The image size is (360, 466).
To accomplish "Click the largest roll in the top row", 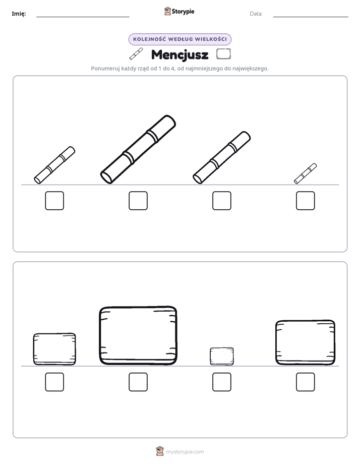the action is pyautogui.click(x=138, y=149).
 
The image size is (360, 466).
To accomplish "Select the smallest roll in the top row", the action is pyautogui.click(x=306, y=173).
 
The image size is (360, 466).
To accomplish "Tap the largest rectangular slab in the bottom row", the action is pyautogui.click(x=138, y=335).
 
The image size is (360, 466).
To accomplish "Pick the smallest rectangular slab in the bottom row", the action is pyautogui.click(x=222, y=357).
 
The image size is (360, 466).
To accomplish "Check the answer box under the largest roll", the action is pyautogui.click(x=138, y=201).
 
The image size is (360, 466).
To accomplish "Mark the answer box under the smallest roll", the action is pyautogui.click(x=306, y=201).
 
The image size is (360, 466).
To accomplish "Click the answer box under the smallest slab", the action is pyautogui.click(x=222, y=382).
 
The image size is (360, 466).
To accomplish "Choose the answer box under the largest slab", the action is pyautogui.click(x=138, y=382).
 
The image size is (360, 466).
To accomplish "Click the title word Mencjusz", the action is pyautogui.click(x=179, y=55).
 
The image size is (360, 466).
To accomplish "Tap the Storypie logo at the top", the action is pyautogui.click(x=179, y=11).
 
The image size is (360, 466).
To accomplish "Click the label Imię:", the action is pyautogui.click(x=19, y=14).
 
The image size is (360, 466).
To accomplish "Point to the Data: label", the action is pyautogui.click(x=256, y=14).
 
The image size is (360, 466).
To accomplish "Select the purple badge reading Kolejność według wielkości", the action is pyautogui.click(x=180, y=39).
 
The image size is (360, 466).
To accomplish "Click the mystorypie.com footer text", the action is pyautogui.click(x=185, y=452).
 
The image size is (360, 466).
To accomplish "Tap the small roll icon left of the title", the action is pyautogui.click(x=136, y=54).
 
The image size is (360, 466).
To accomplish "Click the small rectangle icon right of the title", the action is pyautogui.click(x=223, y=54).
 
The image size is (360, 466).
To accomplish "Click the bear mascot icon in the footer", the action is pyautogui.click(x=160, y=451).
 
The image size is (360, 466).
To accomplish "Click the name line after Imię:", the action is pyautogui.click(x=83, y=17).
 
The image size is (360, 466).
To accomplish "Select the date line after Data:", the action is pyautogui.click(x=311, y=17).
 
